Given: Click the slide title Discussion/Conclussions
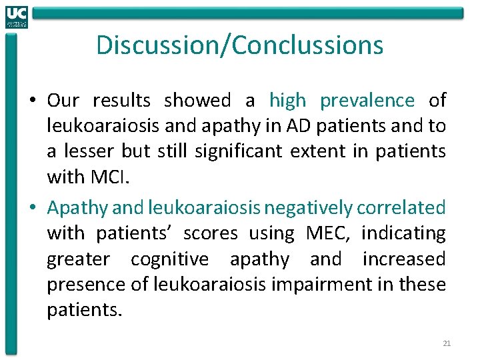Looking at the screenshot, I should pyautogui.click(x=239, y=45).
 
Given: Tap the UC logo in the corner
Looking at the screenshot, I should pyautogui.click(x=17, y=16).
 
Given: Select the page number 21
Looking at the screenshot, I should pyautogui.click(x=447, y=343).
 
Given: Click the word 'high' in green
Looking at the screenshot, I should pyautogui.click(x=287, y=101).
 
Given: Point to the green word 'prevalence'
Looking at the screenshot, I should pyautogui.click(x=367, y=101).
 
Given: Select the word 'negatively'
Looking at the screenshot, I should pyautogui.click(x=308, y=208).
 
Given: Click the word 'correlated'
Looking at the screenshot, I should pyautogui.click(x=401, y=208).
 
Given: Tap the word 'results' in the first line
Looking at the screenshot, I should pyautogui.click(x=121, y=101).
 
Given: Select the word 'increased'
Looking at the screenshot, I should pyautogui.click(x=404, y=259).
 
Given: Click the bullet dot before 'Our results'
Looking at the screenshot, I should pyautogui.click(x=33, y=101).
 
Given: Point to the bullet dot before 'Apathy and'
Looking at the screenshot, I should pyautogui.click(x=33, y=209).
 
